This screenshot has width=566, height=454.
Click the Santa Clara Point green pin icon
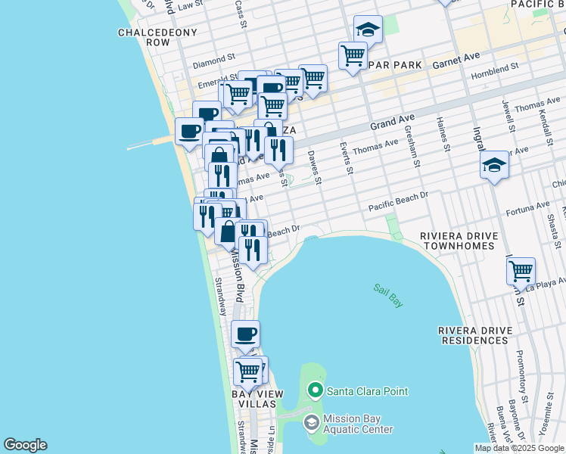coord(316,391)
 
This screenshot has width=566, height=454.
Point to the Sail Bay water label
coord(388,295)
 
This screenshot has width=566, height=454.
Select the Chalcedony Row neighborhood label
coord(157,38)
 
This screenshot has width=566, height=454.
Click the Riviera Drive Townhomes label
coord(459,241)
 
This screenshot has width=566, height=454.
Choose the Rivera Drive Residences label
coord(474,335)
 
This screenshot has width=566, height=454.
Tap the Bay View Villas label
coord(257,400)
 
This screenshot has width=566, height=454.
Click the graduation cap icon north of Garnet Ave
coord(368,30)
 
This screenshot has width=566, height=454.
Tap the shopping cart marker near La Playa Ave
coord(521,271)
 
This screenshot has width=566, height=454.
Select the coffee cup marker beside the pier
coord(189,131)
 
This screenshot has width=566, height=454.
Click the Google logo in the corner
coord(25,445)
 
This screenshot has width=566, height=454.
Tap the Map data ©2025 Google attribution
coord(519,448)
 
